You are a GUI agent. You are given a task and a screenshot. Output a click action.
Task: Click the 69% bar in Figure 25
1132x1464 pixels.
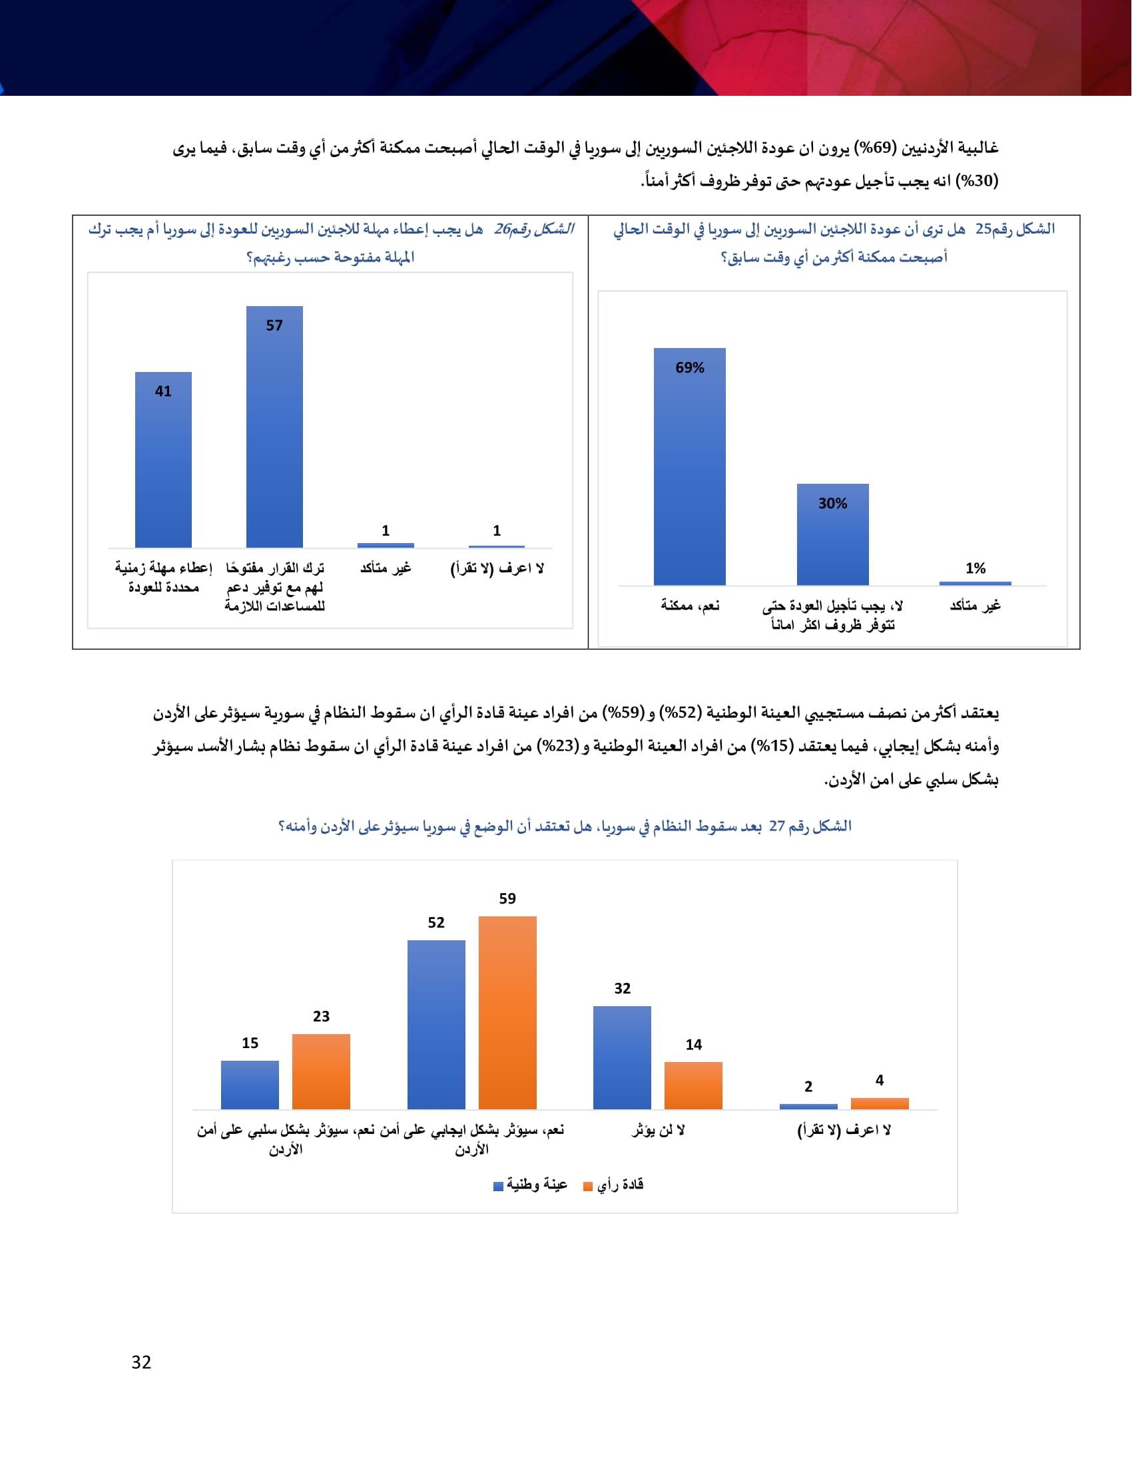[689, 469]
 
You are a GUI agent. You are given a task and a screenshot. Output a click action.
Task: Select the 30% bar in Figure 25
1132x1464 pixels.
[832, 536]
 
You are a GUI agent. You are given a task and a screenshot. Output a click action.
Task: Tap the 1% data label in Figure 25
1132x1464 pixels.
[975, 568]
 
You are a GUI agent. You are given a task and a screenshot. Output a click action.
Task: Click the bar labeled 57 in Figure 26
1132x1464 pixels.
[274, 429]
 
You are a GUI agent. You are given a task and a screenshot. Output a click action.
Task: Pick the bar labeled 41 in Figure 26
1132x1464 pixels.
[163, 462]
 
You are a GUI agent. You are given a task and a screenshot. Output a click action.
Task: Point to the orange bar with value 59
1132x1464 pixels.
[507, 1012]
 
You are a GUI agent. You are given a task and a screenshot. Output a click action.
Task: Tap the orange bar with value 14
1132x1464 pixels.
[693, 1085]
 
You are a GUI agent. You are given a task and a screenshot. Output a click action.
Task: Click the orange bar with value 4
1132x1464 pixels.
[879, 1103]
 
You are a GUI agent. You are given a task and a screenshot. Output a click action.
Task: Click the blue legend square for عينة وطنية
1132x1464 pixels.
[498, 1187]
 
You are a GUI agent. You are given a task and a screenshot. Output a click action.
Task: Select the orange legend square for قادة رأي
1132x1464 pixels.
[588, 1187]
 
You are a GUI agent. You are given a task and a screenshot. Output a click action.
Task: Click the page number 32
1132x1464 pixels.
[141, 1362]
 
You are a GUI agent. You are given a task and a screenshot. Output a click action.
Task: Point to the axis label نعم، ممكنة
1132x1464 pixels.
[690, 606]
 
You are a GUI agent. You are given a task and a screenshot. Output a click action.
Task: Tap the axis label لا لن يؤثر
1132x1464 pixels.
[658, 1131]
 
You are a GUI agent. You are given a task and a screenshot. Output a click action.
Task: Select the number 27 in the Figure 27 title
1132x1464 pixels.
[776, 826]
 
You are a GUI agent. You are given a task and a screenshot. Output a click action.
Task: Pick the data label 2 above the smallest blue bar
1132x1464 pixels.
[808, 1087]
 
